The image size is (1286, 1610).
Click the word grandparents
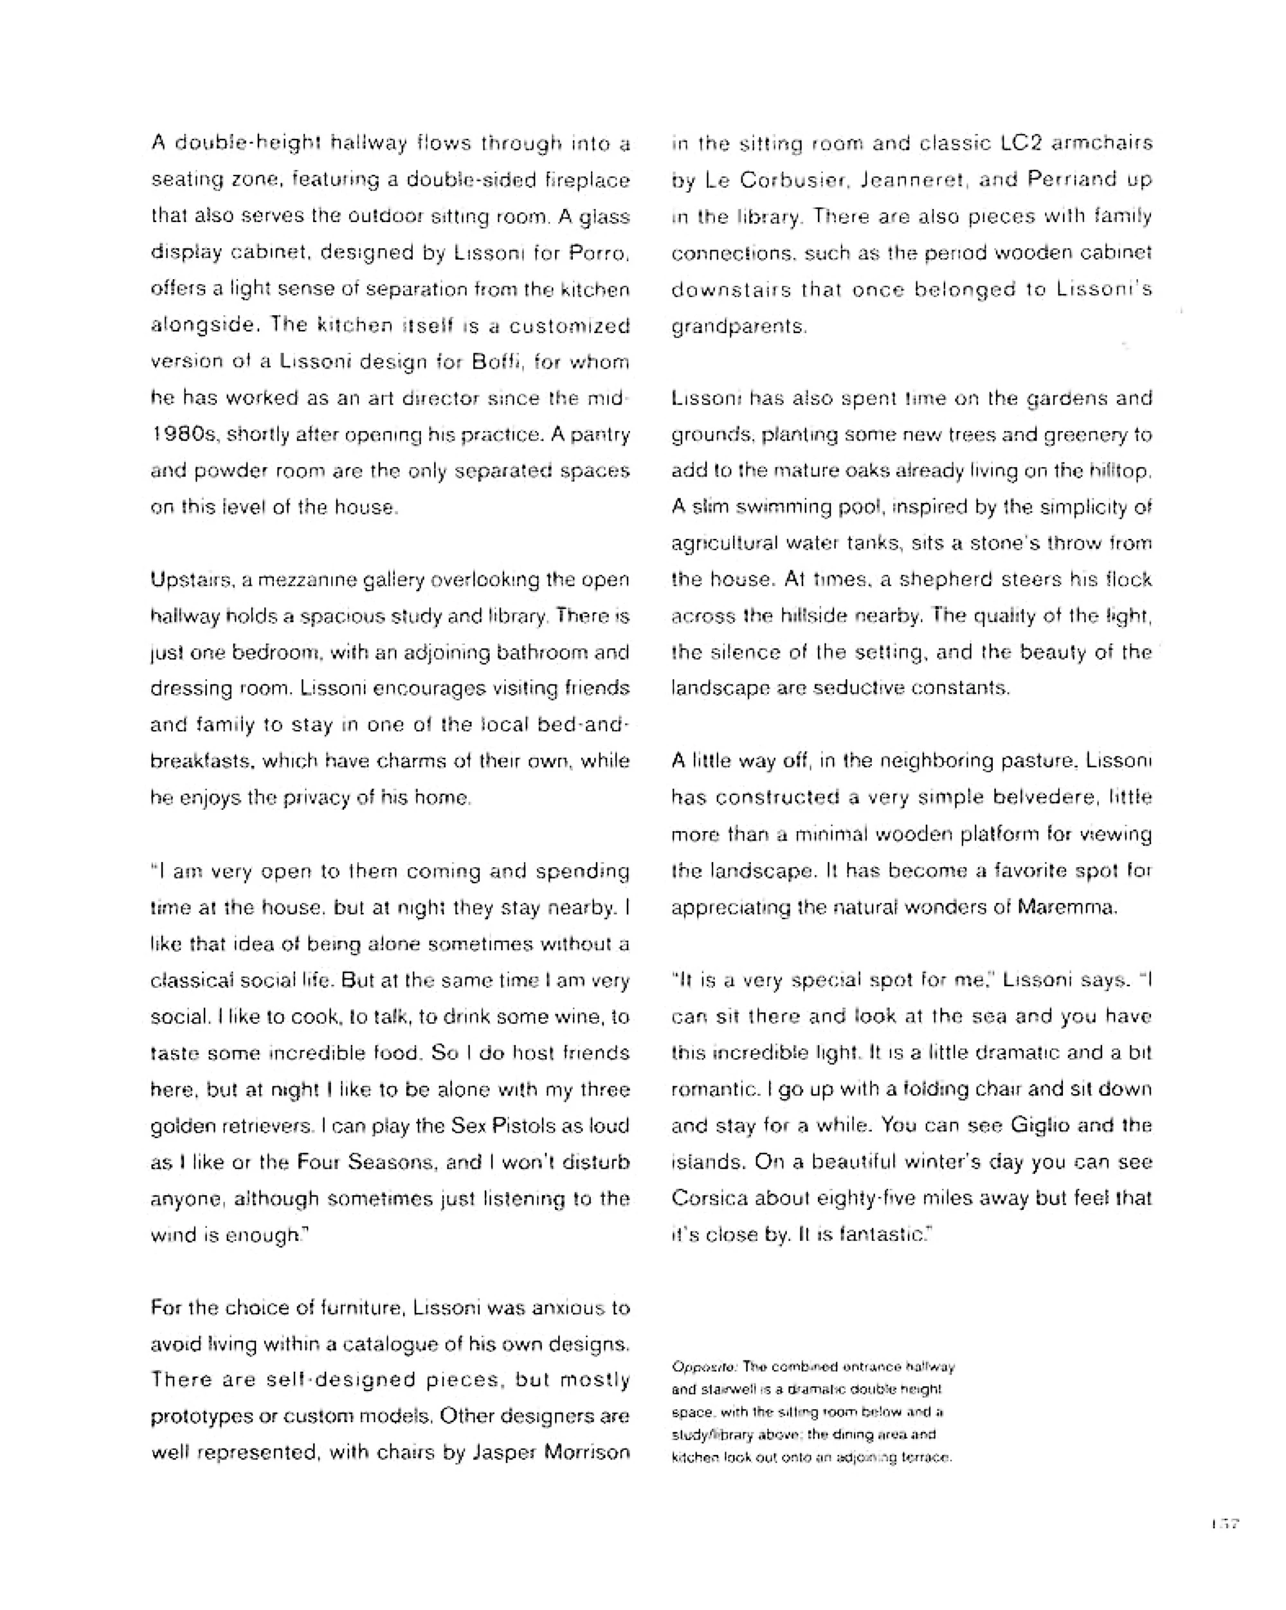(738, 326)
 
